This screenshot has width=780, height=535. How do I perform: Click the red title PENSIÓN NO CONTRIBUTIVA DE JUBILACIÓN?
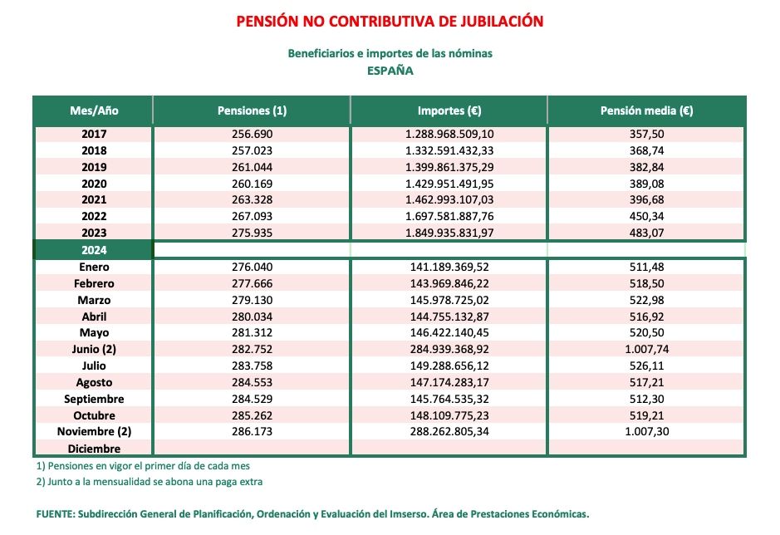click(390, 21)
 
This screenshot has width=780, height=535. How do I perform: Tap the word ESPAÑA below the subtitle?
click(390, 71)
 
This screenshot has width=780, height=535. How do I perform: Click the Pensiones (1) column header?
click(252, 110)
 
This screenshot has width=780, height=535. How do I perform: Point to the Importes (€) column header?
click(449, 110)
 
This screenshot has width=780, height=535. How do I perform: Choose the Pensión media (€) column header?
click(646, 110)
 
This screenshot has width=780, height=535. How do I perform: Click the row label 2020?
click(95, 183)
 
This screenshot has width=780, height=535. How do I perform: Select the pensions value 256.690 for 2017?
click(252, 134)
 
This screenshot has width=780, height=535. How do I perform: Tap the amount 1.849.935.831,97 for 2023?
click(449, 232)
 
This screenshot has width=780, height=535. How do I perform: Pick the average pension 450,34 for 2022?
click(646, 216)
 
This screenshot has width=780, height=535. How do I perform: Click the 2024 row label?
click(95, 249)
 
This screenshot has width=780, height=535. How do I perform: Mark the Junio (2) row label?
click(95, 349)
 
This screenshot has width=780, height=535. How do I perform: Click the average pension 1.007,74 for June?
click(646, 349)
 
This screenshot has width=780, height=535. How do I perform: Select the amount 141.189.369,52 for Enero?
click(449, 267)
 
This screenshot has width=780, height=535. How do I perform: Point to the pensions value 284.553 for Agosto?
click(252, 382)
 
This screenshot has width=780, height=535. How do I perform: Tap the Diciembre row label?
click(95, 449)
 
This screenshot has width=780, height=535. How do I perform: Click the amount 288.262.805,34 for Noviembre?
click(449, 432)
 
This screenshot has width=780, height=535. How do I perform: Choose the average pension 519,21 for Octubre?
click(646, 415)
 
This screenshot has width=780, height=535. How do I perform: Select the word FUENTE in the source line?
click(54, 514)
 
